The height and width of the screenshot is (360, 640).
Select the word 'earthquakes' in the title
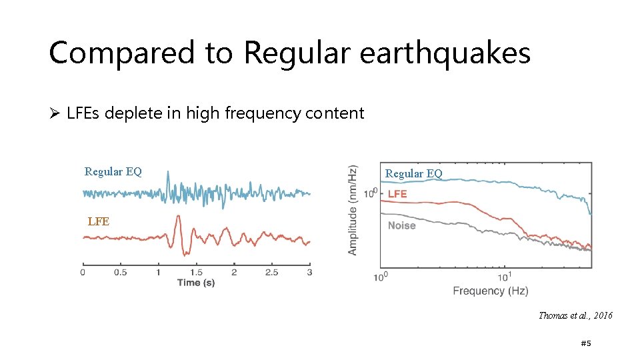coord(445,53)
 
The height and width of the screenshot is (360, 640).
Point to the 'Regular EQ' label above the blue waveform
coord(113,171)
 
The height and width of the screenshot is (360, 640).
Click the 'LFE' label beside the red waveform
coord(98,221)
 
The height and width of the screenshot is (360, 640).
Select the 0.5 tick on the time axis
coord(121,272)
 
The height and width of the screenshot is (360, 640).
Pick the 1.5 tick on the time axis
coord(196,272)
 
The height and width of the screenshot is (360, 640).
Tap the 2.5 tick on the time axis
coord(272,272)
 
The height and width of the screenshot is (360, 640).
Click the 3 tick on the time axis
coord(309,272)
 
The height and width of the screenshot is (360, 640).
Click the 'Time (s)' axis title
coord(196,283)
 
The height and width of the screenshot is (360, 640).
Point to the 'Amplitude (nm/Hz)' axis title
coord(353,209)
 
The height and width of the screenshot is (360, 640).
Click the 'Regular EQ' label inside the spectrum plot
coord(413,173)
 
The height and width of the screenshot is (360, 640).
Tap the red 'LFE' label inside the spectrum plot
coord(397,194)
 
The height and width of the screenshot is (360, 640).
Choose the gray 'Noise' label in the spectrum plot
coord(401,225)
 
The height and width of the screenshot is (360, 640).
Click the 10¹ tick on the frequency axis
coord(504,276)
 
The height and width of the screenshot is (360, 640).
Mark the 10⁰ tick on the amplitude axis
coord(371,193)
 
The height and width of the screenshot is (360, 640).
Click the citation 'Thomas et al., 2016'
coord(575,315)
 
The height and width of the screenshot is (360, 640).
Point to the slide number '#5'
coord(586,343)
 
